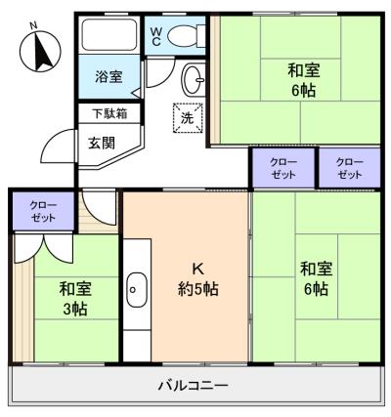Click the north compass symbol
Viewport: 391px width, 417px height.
(40, 51)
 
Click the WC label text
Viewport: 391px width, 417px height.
(155, 36)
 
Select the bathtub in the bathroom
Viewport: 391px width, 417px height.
(109, 35)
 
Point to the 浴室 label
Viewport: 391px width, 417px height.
(109, 76)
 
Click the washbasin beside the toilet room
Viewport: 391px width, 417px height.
(194, 80)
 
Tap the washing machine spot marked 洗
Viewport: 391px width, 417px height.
(188, 118)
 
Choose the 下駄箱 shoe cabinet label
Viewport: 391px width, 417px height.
(109, 113)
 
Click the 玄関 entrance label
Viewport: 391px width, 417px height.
(102, 143)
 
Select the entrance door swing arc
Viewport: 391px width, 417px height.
(52, 139)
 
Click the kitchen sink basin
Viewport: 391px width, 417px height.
(137, 289)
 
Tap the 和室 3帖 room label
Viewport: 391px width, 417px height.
(75, 299)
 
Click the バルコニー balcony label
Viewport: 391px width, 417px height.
(193, 386)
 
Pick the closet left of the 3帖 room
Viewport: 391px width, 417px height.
(43, 211)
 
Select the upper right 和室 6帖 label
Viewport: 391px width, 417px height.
(304, 80)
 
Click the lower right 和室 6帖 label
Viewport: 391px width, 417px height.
(317, 278)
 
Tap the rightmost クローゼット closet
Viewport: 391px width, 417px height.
(350, 168)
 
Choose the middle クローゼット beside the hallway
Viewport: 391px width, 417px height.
(283, 168)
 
